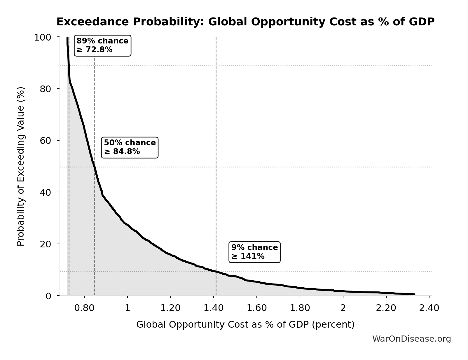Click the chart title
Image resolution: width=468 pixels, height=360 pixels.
(x=245, y=22)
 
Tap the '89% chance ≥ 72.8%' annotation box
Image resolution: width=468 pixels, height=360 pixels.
(x=102, y=46)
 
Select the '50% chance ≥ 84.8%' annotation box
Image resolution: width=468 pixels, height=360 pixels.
(x=130, y=147)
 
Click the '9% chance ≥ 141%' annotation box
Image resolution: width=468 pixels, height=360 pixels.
(x=254, y=252)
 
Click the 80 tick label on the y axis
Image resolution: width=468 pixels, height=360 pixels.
(x=46, y=89)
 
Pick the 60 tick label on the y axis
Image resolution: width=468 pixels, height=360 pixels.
(x=46, y=141)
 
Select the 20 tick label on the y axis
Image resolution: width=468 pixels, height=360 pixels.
(x=46, y=244)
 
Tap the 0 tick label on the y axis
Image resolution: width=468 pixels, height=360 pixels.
(x=49, y=296)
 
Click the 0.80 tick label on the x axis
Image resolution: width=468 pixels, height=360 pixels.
(x=84, y=308)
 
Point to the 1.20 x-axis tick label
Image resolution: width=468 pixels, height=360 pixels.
(x=170, y=308)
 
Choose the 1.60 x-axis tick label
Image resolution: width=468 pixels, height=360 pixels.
(x=257, y=308)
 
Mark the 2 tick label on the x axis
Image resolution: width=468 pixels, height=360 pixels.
(x=343, y=308)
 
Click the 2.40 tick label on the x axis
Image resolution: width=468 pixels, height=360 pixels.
(x=429, y=308)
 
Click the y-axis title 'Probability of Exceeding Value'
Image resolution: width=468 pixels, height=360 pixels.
(x=21, y=166)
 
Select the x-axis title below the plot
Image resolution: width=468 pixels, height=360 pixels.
(x=245, y=325)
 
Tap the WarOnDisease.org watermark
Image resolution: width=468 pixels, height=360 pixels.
(x=411, y=339)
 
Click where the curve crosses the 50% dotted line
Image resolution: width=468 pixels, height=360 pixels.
(x=94, y=167)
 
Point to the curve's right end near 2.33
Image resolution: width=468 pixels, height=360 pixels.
(x=414, y=294)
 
